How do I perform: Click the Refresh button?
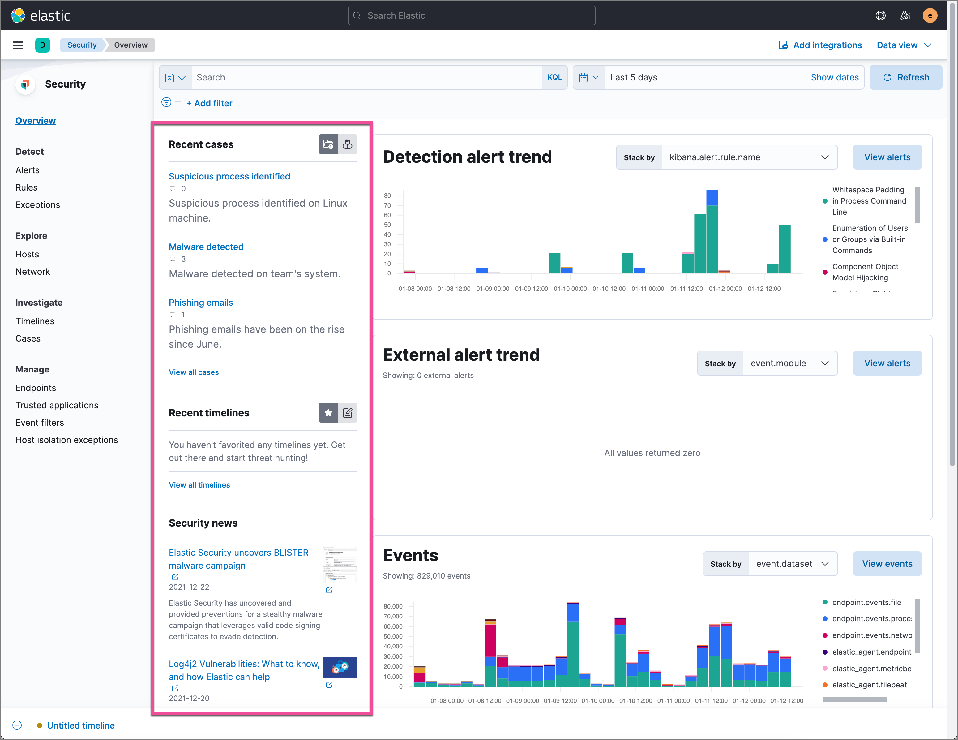point(905,77)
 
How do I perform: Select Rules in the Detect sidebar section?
point(26,187)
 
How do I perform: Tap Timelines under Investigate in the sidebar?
point(35,321)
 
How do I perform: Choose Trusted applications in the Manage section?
point(57,405)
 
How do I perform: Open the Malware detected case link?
point(206,247)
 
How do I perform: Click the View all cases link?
point(194,372)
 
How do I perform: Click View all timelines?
point(199,484)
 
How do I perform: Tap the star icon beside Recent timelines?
point(328,413)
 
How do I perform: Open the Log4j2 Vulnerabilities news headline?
point(244,670)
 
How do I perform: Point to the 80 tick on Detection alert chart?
point(387,196)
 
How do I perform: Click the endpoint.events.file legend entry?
point(866,602)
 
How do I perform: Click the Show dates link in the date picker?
point(834,77)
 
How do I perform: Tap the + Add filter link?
point(209,103)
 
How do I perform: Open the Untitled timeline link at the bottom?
point(81,725)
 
